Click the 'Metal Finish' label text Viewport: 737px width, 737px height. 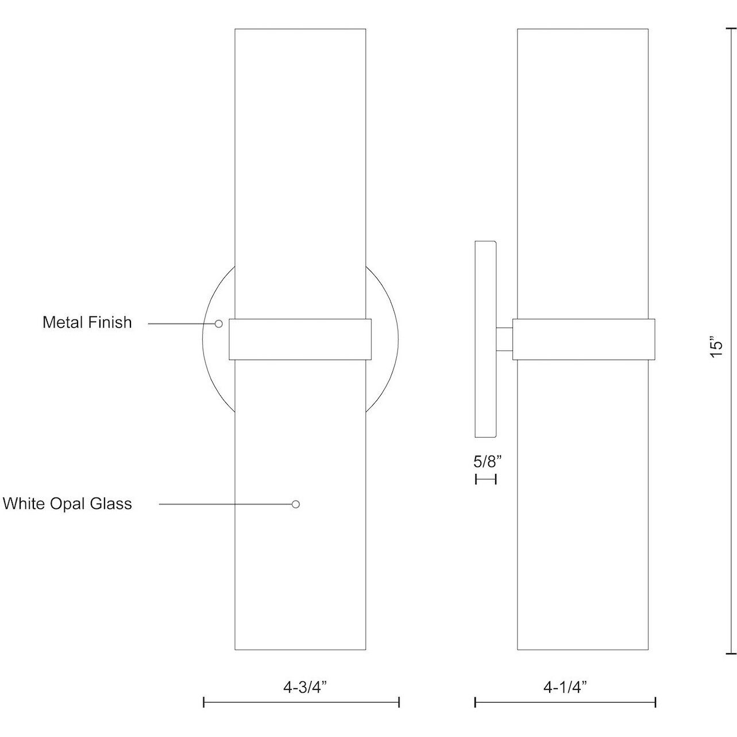coord(87,322)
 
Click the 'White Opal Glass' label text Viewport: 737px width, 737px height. coord(67,504)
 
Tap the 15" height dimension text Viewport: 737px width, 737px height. coord(715,349)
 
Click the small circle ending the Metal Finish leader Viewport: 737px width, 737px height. coord(218,324)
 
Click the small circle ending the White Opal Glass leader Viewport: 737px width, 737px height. coord(295,504)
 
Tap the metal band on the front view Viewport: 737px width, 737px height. coord(300,339)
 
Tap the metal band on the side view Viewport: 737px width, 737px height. coord(583,339)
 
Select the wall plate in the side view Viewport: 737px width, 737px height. coord(485,339)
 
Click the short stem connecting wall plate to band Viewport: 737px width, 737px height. coord(504,339)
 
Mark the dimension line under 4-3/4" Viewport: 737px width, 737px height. coord(301,702)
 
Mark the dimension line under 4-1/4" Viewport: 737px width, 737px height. coord(565,702)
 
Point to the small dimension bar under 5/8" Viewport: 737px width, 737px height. coord(485,479)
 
